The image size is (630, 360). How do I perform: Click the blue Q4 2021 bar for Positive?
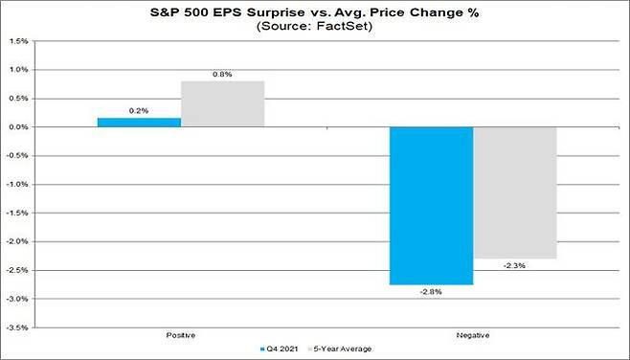[139, 123]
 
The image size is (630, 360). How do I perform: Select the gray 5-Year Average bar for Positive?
[222, 103]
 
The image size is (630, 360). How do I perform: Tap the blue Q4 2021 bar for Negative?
[431, 205]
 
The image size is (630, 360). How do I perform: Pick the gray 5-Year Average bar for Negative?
[514, 192]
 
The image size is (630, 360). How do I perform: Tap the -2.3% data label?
[514, 267]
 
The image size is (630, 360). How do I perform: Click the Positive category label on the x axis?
[181, 336]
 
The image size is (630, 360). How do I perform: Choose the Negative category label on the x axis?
[472, 336]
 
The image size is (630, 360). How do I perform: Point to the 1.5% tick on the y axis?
[18, 41]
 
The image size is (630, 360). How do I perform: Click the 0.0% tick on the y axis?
[18, 127]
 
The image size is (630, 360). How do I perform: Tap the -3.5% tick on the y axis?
[16, 327]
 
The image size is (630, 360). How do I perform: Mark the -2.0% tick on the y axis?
[16, 241]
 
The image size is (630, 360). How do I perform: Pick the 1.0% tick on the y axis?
[18, 70]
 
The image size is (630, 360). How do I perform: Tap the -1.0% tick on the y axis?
[16, 185]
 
